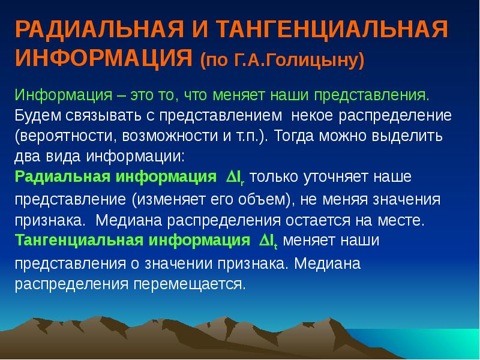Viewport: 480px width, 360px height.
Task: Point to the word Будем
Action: (x=38, y=116)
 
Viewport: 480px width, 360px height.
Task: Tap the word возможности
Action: (x=170, y=136)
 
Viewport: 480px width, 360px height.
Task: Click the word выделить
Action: (x=407, y=137)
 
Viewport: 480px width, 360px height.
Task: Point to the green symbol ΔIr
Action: (x=235, y=178)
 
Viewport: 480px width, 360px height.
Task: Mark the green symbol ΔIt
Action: (x=268, y=241)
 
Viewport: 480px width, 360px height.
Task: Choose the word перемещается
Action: (x=189, y=284)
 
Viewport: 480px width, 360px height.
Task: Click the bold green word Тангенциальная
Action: (x=79, y=241)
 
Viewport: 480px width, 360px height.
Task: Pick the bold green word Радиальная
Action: (x=62, y=177)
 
